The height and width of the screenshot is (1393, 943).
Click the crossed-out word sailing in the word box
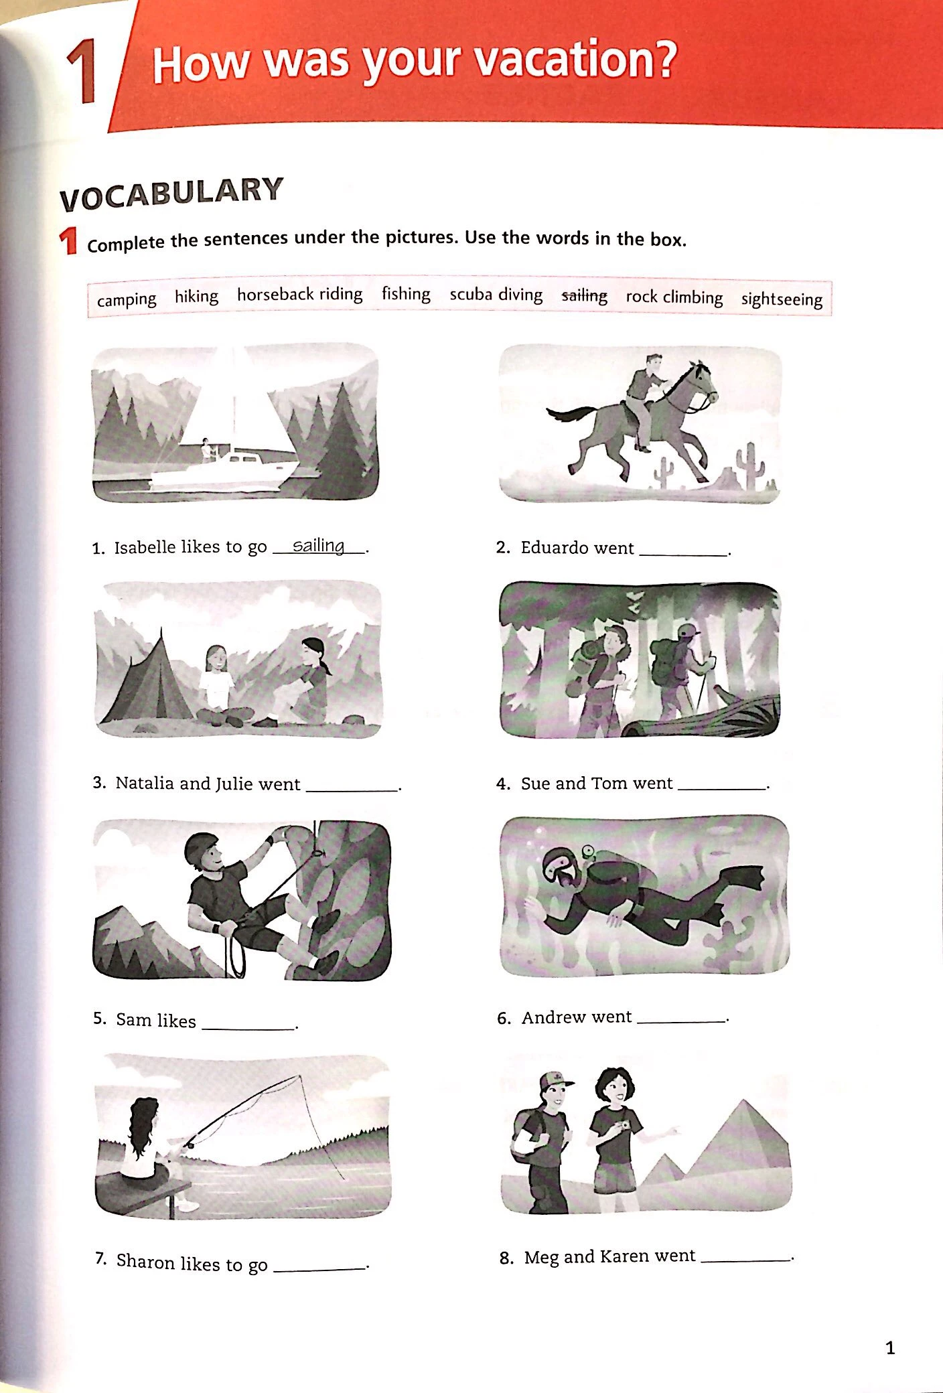click(x=584, y=295)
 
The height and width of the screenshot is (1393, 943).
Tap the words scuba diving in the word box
click(x=496, y=295)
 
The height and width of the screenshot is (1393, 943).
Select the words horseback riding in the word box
click(x=299, y=294)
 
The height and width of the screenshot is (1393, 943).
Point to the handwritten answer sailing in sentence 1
click(x=319, y=545)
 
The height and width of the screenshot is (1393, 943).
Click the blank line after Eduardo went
click(x=683, y=555)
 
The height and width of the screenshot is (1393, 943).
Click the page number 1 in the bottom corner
click(x=890, y=1347)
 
